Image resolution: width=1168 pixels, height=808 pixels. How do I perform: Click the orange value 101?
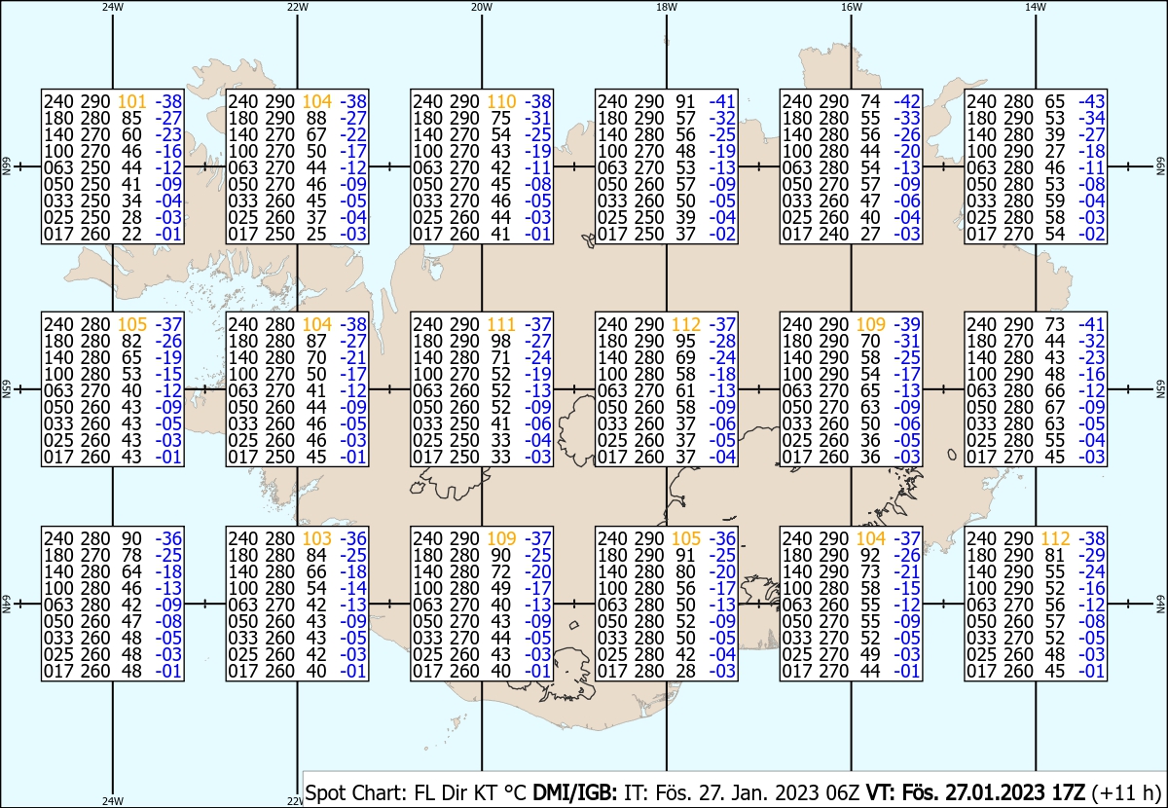click(131, 101)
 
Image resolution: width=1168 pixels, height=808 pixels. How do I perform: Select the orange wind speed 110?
click(501, 101)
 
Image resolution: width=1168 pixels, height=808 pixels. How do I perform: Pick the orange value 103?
click(316, 538)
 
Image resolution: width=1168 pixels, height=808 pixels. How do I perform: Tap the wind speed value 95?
click(686, 341)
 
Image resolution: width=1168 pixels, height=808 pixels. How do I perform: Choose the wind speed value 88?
click(316, 118)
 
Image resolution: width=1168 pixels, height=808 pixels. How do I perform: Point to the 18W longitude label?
click(666, 6)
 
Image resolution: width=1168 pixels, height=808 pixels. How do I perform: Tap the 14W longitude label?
click(1036, 6)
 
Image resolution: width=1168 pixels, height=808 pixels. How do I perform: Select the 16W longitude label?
click(851, 6)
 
